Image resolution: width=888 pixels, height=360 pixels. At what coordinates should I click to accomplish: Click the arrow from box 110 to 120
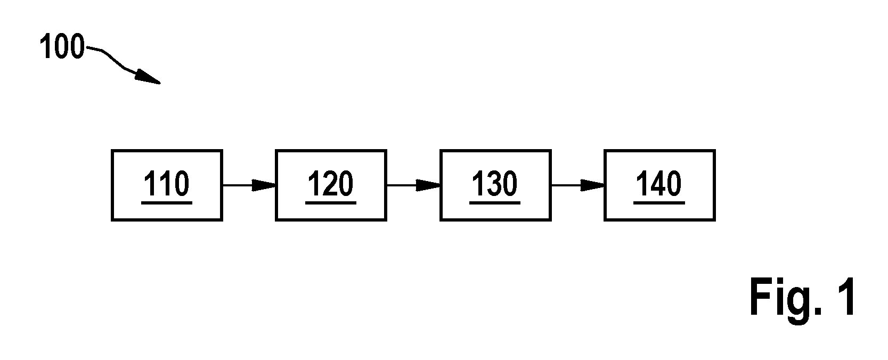tap(249, 185)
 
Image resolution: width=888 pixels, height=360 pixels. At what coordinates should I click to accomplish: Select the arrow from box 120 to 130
tap(413, 185)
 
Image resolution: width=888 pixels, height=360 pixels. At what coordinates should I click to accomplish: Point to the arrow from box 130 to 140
tap(577, 185)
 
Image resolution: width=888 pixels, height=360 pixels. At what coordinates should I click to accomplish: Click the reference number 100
tap(62, 46)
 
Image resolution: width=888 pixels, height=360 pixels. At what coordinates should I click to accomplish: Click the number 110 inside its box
tap(167, 184)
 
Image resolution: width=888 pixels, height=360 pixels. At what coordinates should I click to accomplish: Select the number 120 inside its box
tap(331, 184)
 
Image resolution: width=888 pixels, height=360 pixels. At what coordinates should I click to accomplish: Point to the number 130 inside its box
tap(495, 184)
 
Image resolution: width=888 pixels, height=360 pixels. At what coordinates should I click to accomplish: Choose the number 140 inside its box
tap(659, 184)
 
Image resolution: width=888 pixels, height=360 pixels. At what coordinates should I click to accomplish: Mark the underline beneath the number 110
tap(167, 202)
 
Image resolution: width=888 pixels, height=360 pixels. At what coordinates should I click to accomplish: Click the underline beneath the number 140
tap(659, 202)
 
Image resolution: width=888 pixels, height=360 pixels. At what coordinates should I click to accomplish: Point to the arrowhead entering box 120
tap(264, 185)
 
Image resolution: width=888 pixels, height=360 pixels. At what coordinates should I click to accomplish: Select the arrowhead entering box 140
tap(592, 185)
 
